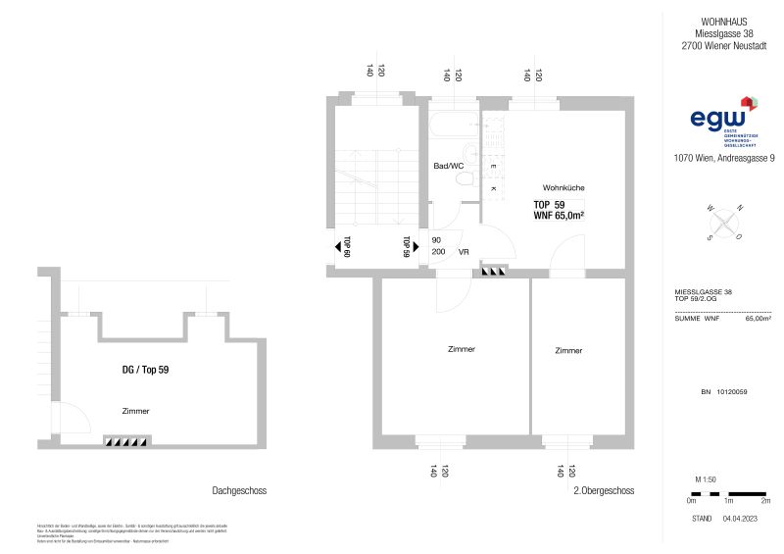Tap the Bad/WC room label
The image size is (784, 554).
pos(448,167)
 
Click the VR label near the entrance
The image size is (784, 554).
pos(464,252)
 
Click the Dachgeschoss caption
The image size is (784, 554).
pos(239,490)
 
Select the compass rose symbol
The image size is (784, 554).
pos(723,223)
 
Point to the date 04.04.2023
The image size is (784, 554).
pos(742,517)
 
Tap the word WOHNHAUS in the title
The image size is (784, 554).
pos(723,20)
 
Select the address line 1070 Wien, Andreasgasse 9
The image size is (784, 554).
pos(724,158)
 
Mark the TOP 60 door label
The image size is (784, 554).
pos(347,246)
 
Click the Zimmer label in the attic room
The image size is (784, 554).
pos(136,411)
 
